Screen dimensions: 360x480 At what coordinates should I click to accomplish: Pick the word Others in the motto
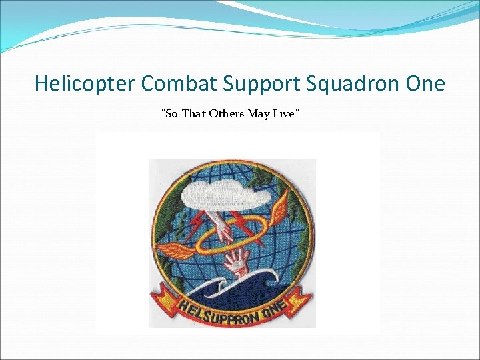[227, 114]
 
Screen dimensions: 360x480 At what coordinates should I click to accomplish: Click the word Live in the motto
[285, 114]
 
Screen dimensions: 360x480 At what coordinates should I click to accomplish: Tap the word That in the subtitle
[193, 114]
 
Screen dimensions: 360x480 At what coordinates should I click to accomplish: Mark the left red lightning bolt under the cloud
[198, 223]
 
